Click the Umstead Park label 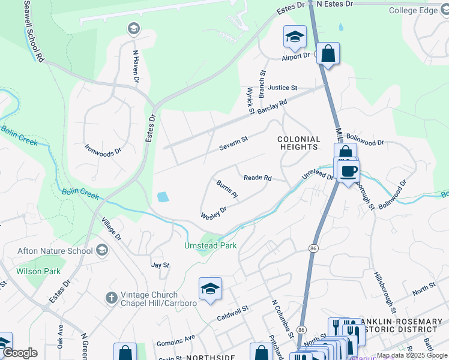pos(210,245)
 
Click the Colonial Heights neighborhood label pos(298,143)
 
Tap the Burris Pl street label pos(227,189)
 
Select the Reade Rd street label pos(258,178)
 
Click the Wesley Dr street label pos(214,212)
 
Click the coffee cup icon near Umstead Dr pos(348,172)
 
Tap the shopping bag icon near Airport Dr pos(328,54)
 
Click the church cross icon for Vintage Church pos(111,298)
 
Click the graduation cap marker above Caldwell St pos(210,289)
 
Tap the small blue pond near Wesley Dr pos(163,197)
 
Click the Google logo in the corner pos(20,353)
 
